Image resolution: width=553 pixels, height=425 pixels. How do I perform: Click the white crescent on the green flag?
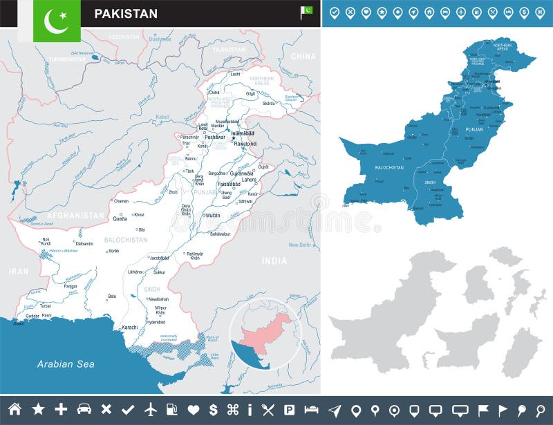click(x=55, y=21)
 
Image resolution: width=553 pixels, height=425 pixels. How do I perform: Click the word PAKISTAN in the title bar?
click(x=126, y=14)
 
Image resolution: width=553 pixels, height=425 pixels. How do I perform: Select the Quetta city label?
click(x=120, y=218)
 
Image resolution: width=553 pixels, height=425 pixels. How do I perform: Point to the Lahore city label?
click(x=249, y=180)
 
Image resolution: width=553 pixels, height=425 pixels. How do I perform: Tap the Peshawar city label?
click(x=215, y=138)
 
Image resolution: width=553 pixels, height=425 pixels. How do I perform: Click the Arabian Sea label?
click(x=66, y=364)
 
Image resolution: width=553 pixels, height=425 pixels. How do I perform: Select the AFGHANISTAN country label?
click(x=76, y=216)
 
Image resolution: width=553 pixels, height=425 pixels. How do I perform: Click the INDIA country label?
click(x=274, y=261)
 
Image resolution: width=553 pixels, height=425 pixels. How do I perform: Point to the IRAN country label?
click(x=19, y=272)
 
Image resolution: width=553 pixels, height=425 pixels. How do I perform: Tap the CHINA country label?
click(x=303, y=57)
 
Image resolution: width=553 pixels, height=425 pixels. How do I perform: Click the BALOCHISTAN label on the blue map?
click(x=389, y=167)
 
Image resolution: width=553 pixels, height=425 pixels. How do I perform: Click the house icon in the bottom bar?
click(x=14, y=409)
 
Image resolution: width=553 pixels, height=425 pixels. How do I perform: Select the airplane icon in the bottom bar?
click(x=151, y=409)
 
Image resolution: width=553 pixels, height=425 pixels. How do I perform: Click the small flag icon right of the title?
click(x=306, y=10)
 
